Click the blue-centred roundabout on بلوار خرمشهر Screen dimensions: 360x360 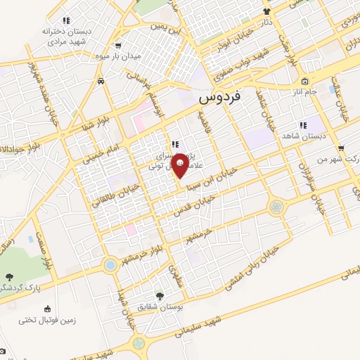(110, 266)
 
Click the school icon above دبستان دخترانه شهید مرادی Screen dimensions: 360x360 (66, 20)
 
